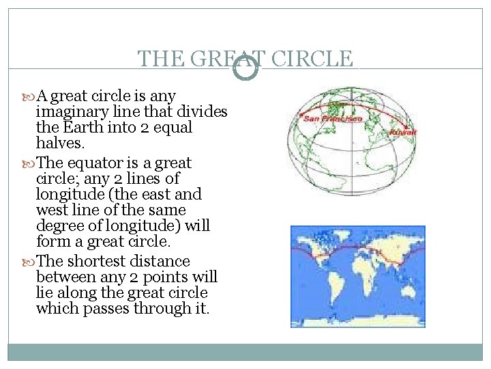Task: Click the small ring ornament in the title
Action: [x=245, y=68]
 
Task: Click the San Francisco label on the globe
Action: [x=332, y=118]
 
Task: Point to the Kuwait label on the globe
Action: [x=402, y=131]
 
